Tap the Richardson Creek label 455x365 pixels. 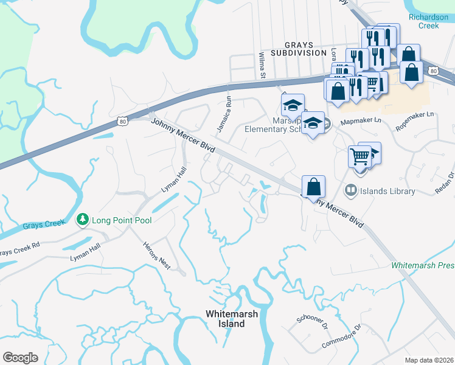[432, 21]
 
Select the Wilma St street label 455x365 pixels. [263, 65]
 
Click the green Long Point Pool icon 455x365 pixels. [82, 219]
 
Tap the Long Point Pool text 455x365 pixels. [122, 220]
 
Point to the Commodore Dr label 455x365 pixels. [341, 336]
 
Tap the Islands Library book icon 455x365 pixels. [350, 191]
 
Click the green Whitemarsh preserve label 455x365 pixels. [423, 266]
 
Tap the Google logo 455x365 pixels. [21, 358]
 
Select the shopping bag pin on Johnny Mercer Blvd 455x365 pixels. [313, 187]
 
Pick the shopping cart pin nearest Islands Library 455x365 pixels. [359, 156]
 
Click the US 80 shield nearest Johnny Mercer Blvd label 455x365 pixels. [122, 122]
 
